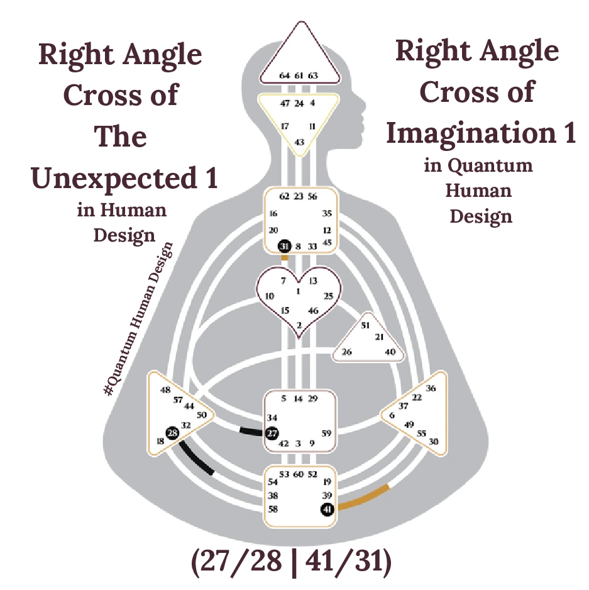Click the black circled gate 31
[x=285, y=247]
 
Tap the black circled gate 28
[x=172, y=433]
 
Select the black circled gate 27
[x=272, y=433]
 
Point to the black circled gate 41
[x=327, y=509]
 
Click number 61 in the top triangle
[x=299, y=75]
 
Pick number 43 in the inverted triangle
[x=299, y=142]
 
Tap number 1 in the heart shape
[x=298, y=291]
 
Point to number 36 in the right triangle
[x=431, y=388]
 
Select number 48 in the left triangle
[x=165, y=390]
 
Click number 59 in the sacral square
[x=326, y=433]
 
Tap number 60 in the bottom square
[x=299, y=474]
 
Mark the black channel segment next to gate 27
[x=251, y=431]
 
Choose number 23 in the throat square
[x=299, y=196]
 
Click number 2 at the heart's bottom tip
[x=299, y=325]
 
